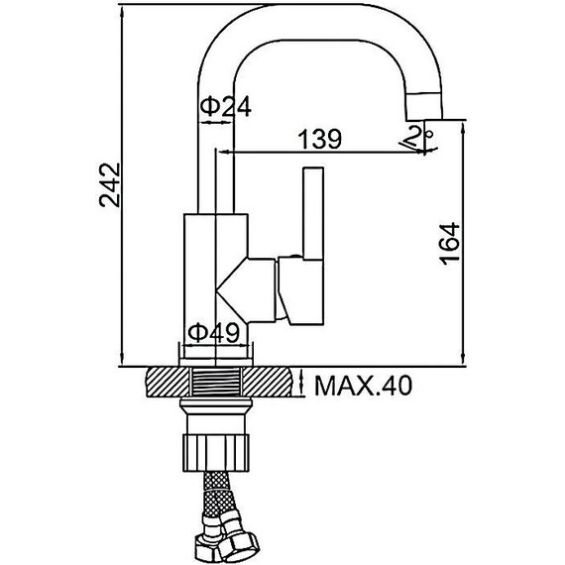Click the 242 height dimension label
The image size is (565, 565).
(110, 185)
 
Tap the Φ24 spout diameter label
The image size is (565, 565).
(226, 107)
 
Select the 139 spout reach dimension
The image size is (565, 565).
(319, 139)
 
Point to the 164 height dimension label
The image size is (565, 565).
(451, 244)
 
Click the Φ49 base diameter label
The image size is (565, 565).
(214, 332)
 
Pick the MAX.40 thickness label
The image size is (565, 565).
(363, 386)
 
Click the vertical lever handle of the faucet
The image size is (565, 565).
(313, 213)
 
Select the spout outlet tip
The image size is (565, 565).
(424, 106)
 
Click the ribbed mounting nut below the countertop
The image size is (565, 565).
(216, 453)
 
